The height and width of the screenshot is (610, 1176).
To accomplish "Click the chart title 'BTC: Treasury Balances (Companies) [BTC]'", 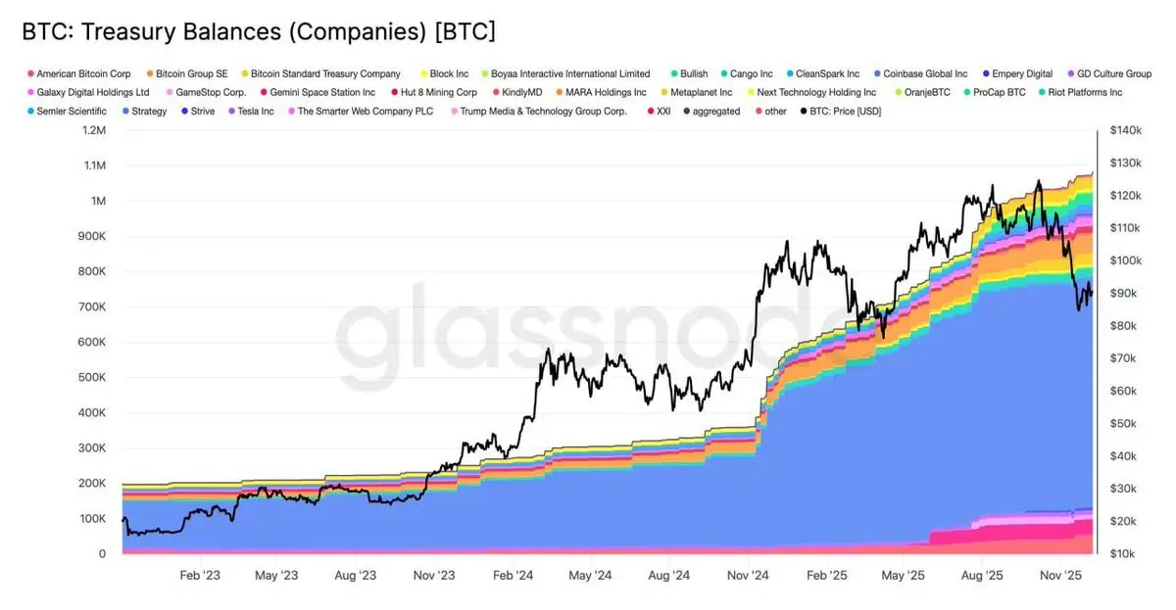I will tap(258, 31).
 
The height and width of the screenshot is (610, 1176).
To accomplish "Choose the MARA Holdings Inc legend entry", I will tap(606, 93).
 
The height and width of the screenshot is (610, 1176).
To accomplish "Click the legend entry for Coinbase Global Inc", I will tap(925, 74).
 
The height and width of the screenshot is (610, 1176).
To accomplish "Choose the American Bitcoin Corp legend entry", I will tap(83, 74).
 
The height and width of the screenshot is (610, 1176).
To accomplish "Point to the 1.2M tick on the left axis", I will tap(94, 130).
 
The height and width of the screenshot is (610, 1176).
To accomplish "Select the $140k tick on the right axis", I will tap(1125, 130).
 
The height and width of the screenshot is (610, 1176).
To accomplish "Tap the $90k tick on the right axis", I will tap(1123, 294).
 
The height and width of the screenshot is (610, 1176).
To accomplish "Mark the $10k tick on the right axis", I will tap(1123, 554).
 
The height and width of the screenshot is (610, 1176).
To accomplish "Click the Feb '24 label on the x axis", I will tap(514, 577).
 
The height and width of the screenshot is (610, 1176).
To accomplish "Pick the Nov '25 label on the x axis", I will tap(1059, 577).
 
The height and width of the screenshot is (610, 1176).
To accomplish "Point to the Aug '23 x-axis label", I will tap(357, 577).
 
